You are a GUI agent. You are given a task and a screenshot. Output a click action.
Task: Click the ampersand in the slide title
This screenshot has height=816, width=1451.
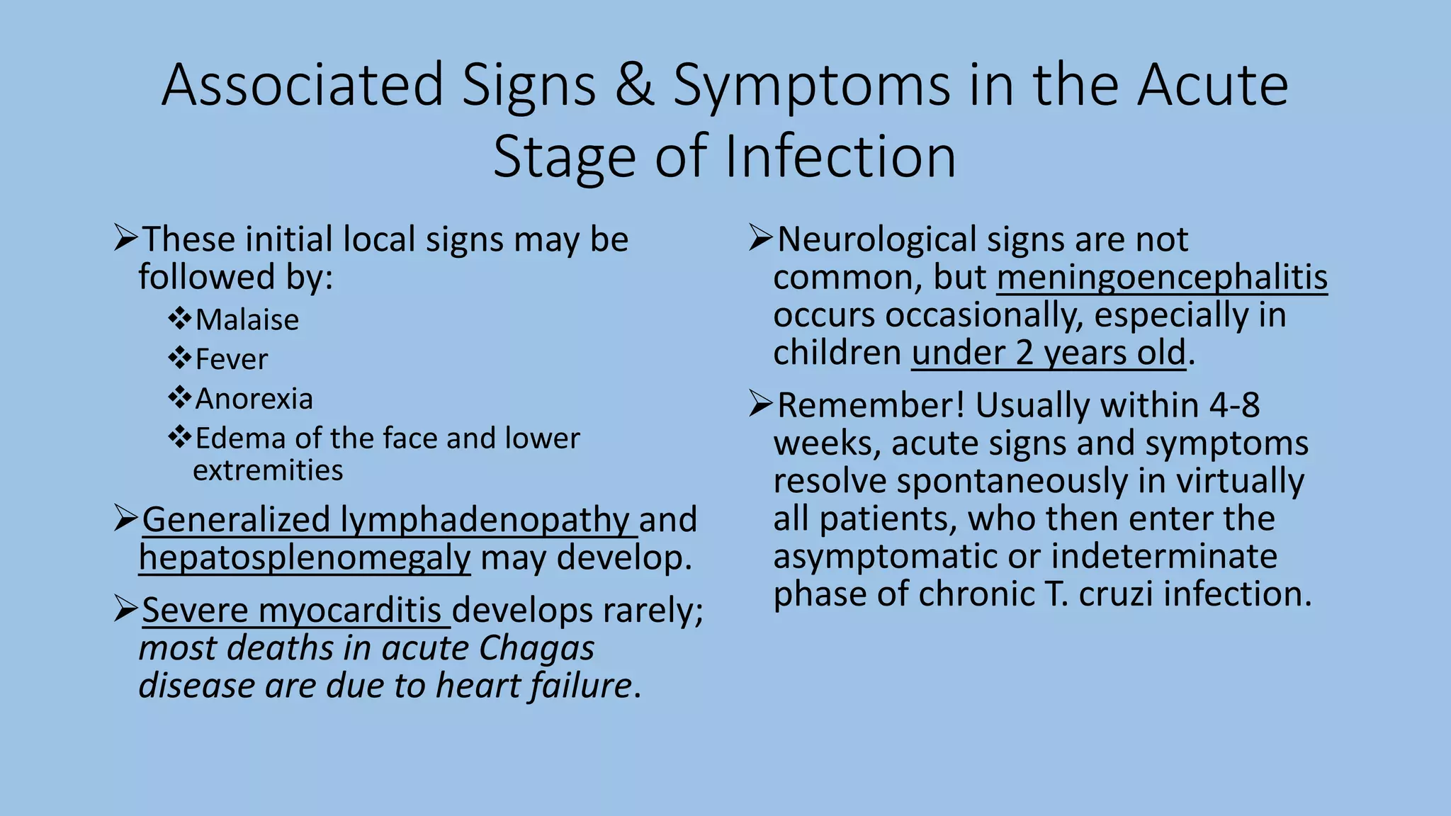pyautogui.click(x=634, y=86)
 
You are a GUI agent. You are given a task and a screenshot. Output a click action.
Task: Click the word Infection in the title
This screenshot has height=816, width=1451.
pyautogui.click(x=840, y=157)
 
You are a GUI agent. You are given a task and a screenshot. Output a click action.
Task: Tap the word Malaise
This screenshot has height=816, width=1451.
pyautogui.click(x=247, y=320)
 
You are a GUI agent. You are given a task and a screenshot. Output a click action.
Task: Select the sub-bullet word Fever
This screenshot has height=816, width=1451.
pyautogui.click(x=232, y=360)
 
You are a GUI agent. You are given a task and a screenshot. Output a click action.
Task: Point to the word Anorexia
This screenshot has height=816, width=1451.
pyautogui.click(x=254, y=399)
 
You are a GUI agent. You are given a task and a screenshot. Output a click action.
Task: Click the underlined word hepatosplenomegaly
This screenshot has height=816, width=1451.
pyautogui.click(x=305, y=557)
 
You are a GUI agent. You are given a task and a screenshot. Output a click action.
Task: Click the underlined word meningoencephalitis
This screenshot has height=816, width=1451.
pyautogui.click(x=1162, y=278)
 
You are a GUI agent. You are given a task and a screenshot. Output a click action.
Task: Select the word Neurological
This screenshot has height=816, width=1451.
pyautogui.click(x=876, y=239)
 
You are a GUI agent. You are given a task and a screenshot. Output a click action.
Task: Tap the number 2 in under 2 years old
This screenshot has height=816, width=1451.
pyautogui.click(x=1024, y=353)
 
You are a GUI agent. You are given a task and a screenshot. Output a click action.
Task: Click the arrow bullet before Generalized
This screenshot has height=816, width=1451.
pyautogui.click(x=125, y=519)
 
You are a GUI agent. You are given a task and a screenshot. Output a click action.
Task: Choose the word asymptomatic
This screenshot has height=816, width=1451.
pyautogui.click(x=886, y=556)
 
